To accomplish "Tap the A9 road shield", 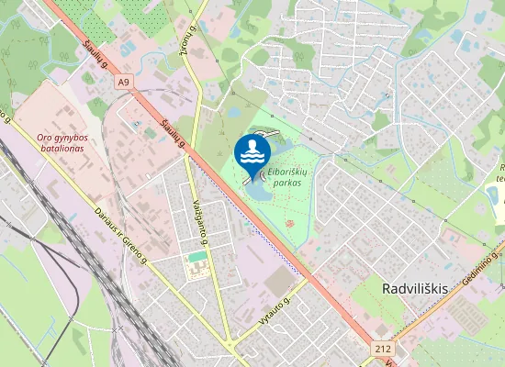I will click(124, 82).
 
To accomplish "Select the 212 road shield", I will click(383, 349).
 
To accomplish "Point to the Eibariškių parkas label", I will click(286, 176).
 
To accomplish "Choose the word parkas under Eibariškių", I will click(286, 183).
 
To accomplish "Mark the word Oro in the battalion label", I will click(43, 139).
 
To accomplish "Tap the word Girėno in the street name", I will click(135, 249).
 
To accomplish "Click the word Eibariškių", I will click(286, 171).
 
